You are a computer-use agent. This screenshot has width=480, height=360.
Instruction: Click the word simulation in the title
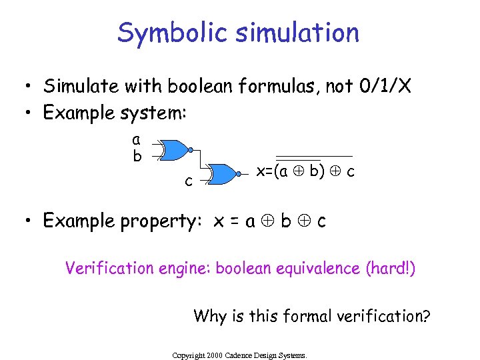300,33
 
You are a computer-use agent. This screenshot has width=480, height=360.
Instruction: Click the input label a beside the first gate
136,141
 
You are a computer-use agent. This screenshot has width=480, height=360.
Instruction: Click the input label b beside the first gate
137,157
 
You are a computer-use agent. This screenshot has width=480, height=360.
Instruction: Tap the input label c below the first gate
189,181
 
